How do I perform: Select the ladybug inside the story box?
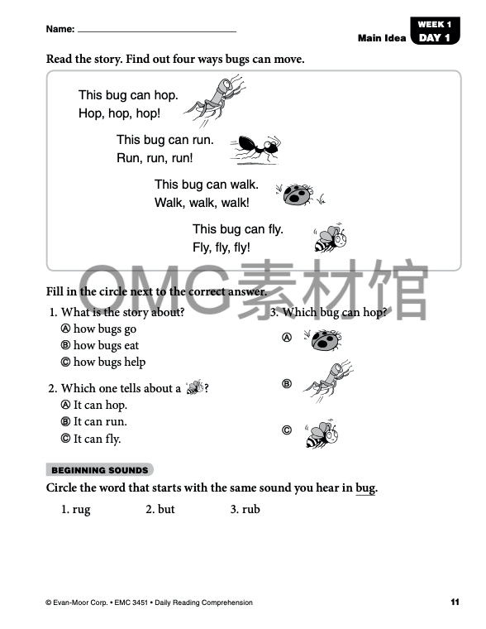click(298, 194)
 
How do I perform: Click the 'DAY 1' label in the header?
click(434, 38)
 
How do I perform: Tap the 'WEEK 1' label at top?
click(435, 24)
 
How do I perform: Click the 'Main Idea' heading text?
click(382, 38)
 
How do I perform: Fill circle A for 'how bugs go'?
click(65, 329)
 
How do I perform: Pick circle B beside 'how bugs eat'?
click(65, 345)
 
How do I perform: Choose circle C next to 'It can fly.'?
click(65, 439)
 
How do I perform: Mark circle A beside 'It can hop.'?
click(65, 405)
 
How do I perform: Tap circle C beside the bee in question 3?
click(287, 430)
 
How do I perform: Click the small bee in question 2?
click(195, 387)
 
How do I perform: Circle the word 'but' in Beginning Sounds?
click(166, 509)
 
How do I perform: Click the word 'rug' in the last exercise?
click(81, 510)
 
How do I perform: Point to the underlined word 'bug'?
click(365, 488)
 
